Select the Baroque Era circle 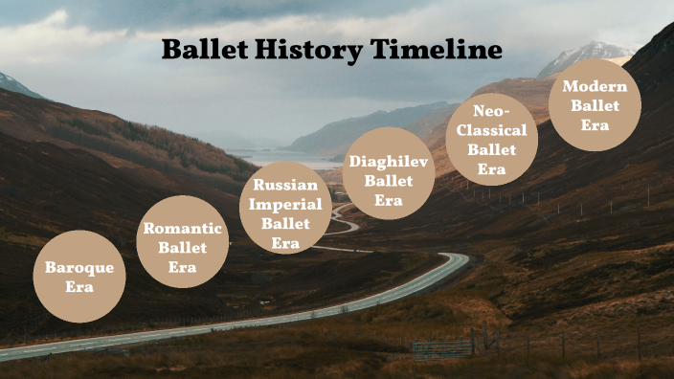(x=79, y=277)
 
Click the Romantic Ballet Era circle (x=182, y=242)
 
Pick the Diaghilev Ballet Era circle (x=388, y=173)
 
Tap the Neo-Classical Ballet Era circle (x=491, y=139)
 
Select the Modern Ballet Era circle (x=595, y=105)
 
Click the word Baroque (x=79, y=268)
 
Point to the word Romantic (x=182, y=229)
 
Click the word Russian (x=285, y=185)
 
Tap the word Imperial (x=285, y=204)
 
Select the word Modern (x=595, y=86)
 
